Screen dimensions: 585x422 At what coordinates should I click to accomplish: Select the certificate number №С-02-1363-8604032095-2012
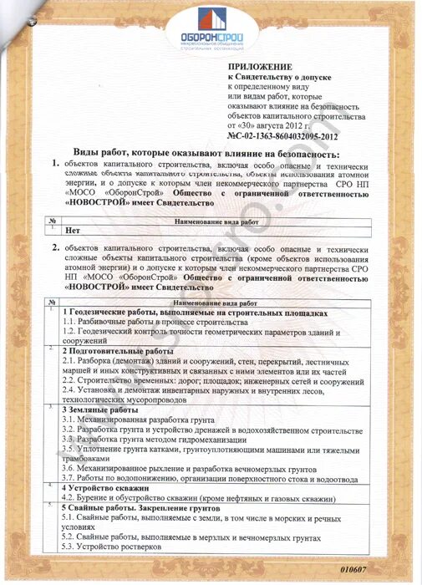[282, 135]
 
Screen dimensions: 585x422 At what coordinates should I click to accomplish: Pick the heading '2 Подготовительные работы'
[117, 351]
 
